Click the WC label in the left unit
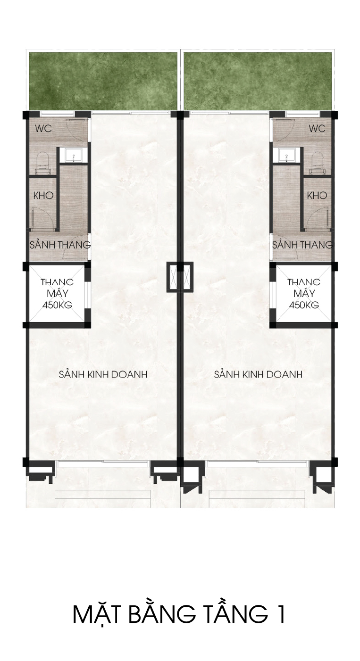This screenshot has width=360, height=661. pyautogui.click(x=43, y=129)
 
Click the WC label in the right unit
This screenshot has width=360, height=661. pyautogui.click(x=317, y=129)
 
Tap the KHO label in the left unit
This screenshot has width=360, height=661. pyautogui.click(x=43, y=195)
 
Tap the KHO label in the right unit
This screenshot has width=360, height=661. pyautogui.click(x=317, y=195)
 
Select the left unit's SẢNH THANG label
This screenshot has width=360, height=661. pyautogui.click(x=60, y=245)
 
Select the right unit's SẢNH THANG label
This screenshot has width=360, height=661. pyautogui.click(x=302, y=245)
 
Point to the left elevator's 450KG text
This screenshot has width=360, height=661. pyautogui.click(x=57, y=305)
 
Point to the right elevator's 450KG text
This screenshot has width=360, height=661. pyautogui.click(x=304, y=305)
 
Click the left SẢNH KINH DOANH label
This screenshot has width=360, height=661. pyautogui.click(x=103, y=374)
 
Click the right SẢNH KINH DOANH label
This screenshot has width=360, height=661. pyautogui.click(x=258, y=374)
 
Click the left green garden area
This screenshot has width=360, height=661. pyautogui.click(x=103, y=81)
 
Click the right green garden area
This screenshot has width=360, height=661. pyautogui.click(x=257, y=81)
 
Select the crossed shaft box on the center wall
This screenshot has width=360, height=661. pyautogui.click(x=180, y=277)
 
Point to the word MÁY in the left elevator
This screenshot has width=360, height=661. pyautogui.click(x=57, y=293)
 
